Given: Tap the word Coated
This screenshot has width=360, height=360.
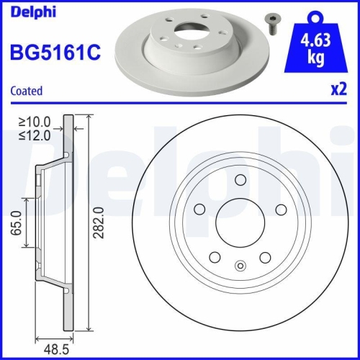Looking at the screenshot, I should (26, 91).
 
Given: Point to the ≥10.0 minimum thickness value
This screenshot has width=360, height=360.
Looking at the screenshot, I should (35, 124).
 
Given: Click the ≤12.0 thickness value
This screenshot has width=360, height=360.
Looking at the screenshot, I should (35, 136).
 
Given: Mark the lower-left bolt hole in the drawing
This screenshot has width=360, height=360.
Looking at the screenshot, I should (214, 257).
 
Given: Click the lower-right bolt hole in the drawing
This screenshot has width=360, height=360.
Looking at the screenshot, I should (265, 257).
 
